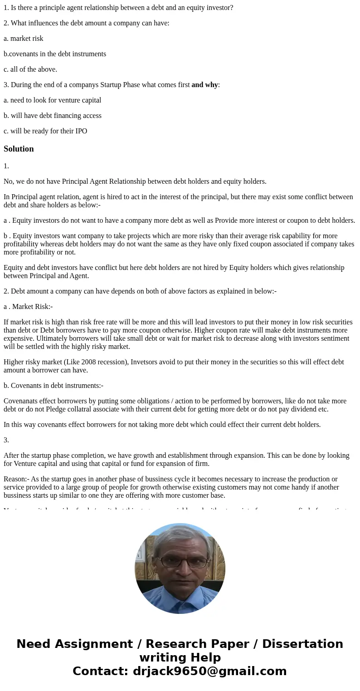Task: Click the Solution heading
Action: tap(19, 149)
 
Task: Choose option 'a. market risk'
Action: tap(24, 39)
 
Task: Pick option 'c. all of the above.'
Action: tap(30, 69)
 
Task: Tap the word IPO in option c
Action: tap(81, 131)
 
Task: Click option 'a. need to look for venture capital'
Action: tap(52, 100)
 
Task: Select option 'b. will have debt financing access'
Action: tap(53, 116)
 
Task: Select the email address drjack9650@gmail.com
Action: tap(209, 671)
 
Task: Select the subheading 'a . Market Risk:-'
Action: tap(28, 307)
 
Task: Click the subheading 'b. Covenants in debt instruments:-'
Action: tap(54, 386)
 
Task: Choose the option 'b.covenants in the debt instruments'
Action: tap(55, 54)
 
